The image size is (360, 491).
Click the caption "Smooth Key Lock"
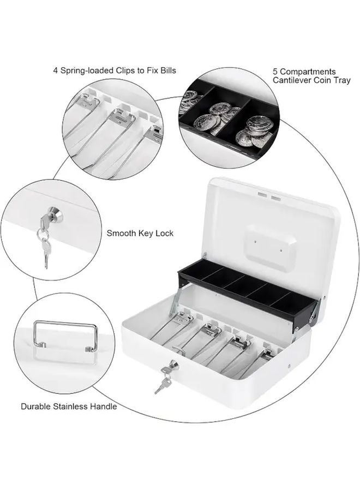point(140,233)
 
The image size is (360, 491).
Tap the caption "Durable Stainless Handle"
point(69,406)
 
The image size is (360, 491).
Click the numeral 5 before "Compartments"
point(275,71)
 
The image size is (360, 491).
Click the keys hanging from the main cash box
point(162,380)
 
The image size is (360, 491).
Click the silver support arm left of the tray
point(175,302)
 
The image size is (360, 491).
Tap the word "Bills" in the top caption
point(169,70)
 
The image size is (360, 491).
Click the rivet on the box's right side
point(289,366)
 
